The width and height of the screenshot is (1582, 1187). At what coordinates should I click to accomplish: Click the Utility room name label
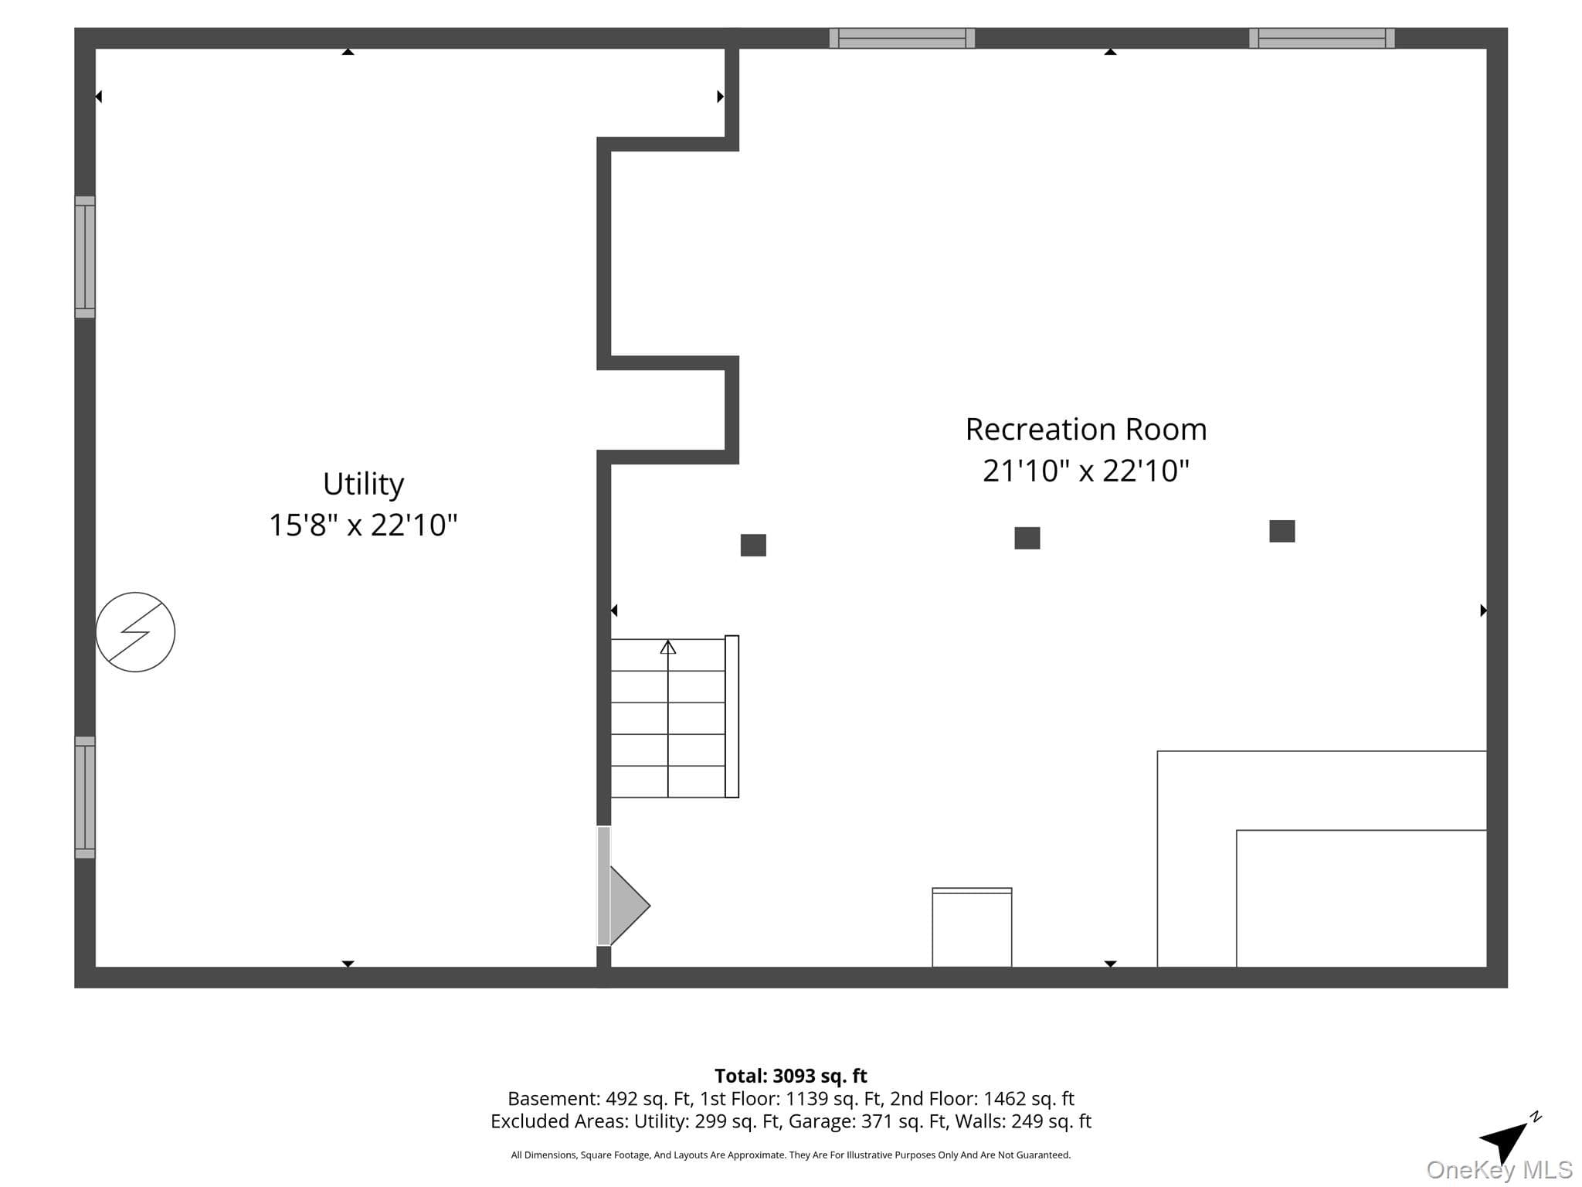(363, 485)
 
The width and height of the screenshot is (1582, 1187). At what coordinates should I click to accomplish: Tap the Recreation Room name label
(1085, 430)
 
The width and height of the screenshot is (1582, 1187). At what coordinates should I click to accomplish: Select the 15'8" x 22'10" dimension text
(363, 525)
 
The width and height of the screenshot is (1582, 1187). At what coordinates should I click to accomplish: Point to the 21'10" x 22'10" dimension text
(1085, 471)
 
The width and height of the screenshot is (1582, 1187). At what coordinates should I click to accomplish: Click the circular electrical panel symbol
(135, 632)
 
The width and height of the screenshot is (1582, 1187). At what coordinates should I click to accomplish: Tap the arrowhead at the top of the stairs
(668, 647)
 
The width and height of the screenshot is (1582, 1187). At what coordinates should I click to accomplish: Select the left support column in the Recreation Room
(753, 545)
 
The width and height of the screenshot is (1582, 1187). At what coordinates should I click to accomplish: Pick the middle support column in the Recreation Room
(1027, 538)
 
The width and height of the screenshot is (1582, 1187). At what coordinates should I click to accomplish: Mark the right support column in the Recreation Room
(1282, 531)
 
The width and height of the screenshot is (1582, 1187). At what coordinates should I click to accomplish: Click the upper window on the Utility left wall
(85, 257)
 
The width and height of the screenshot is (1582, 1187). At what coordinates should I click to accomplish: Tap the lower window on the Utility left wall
(85, 798)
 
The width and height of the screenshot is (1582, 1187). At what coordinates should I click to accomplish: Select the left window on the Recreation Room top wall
(902, 38)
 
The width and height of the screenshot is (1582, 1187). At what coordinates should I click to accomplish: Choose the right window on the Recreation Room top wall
(1322, 38)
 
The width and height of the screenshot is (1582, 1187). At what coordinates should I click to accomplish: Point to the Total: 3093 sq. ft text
(791, 1076)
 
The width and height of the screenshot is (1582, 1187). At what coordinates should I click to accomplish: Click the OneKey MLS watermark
(1499, 1170)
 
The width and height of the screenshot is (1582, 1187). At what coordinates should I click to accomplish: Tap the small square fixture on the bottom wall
(972, 927)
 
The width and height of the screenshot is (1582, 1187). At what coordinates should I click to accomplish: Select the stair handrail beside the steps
(732, 716)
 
